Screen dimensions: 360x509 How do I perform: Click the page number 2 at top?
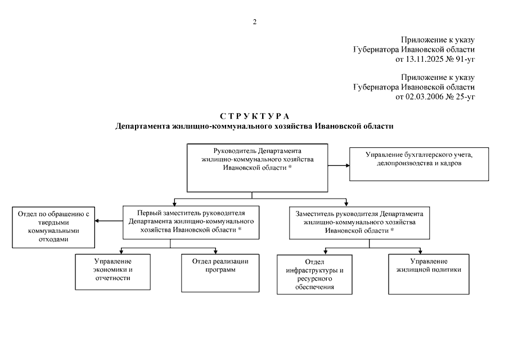click(x=254, y=22)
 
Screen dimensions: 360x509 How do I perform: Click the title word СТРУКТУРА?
click(x=254, y=116)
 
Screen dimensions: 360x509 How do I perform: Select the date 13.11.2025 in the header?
click(x=425, y=58)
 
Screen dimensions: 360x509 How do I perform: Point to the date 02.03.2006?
click(x=425, y=97)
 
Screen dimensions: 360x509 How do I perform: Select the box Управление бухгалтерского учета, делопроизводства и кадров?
click(x=419, y=164)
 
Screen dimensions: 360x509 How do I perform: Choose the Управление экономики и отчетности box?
click(x=113, y=272)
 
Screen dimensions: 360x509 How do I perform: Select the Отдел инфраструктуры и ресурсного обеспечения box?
click(x=314, y=274)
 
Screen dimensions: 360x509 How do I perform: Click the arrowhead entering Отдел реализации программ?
click(x=215, y=251)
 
